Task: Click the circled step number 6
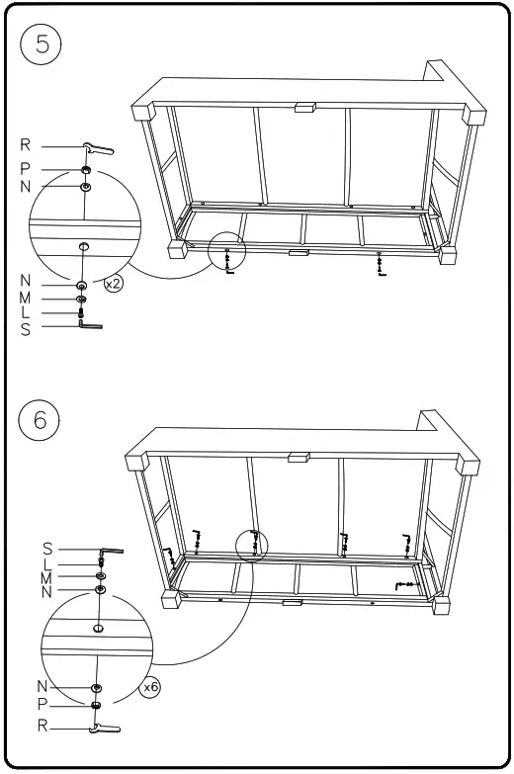point(41,418)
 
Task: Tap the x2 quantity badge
point(114,285)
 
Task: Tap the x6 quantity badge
point(151,685)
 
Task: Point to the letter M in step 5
point(26,299)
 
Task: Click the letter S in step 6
point(46,549)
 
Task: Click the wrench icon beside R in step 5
point(98,149)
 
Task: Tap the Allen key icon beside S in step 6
point(110,553)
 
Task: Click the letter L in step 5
point(26,313)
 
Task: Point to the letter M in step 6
point(46,576)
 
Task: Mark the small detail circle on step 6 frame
point(254,544)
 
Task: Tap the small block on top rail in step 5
point(304,104)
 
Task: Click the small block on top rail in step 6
point(298,457)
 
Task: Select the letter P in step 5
point(26,169)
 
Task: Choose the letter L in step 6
point(46,562)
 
